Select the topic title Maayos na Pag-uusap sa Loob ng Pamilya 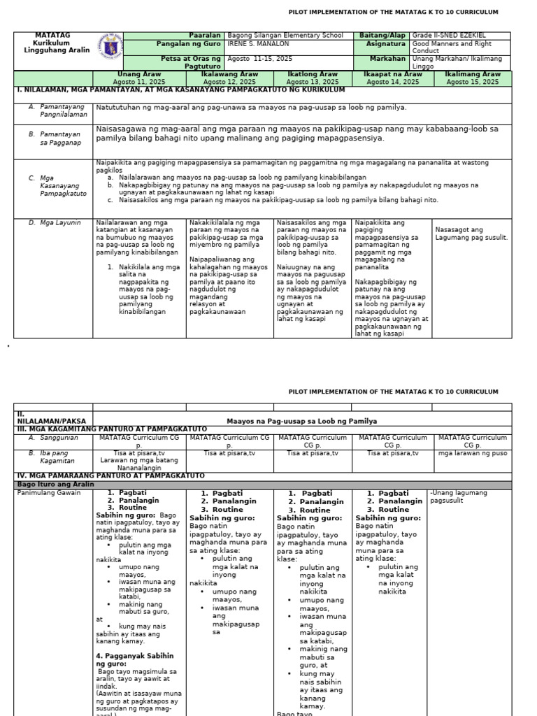(x=301, y=421)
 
